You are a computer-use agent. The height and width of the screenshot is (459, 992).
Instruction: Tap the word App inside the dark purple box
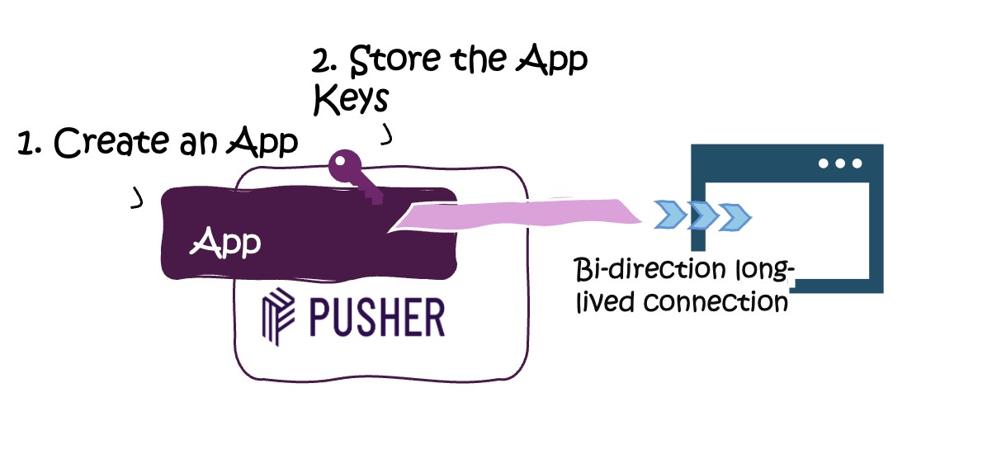[226, 242]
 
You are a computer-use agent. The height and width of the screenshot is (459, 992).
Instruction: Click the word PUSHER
[378, 315]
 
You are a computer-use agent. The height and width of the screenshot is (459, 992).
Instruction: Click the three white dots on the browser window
[840, 163]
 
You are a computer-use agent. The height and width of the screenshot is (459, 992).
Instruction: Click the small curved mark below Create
[137, 198]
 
